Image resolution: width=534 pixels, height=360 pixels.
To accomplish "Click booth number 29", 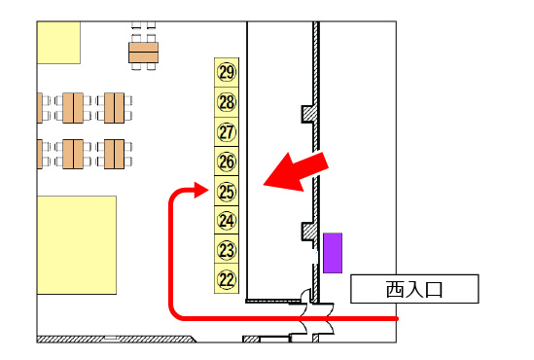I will (x=227, y=72).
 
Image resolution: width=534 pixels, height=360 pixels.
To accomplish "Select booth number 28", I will (x=227, y=102).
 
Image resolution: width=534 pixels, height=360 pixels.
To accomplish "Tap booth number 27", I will (x=227, y=132).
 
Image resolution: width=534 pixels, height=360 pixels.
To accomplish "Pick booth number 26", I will (x=227, y=162).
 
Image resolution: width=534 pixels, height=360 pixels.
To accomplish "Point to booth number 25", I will (x=227, y=192).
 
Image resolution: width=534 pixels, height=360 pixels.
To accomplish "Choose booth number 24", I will (x=227, y=221).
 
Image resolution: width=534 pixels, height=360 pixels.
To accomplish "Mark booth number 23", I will (x=227, y=250).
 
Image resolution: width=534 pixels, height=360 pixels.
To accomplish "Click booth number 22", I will (x=227, y=279).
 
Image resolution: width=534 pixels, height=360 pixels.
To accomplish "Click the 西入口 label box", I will (x=414, y=289).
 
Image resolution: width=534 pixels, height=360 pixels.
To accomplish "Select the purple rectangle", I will (x=334, y=252).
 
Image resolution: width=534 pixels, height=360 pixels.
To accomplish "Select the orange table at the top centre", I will (x=143, y=50).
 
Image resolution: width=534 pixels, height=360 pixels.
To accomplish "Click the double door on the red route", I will (x=315, y=316).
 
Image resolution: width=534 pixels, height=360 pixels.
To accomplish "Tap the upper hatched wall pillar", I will (x=306, y=114).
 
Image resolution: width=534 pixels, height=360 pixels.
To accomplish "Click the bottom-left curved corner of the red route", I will (x=176, y=312).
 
